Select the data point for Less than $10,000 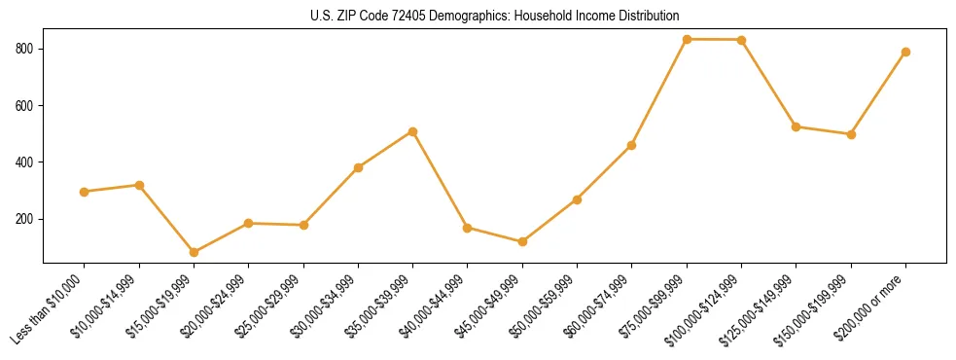(85, 192)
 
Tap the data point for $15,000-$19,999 (195, 252)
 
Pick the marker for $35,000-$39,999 (413, 131)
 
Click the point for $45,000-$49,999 (523, 241)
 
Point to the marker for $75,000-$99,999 (688, 39)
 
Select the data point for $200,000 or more (906, 52)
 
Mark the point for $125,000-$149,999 (797, 126)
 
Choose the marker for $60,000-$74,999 (632, 145)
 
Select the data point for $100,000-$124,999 (742, 40)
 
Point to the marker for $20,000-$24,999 (249, 223)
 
